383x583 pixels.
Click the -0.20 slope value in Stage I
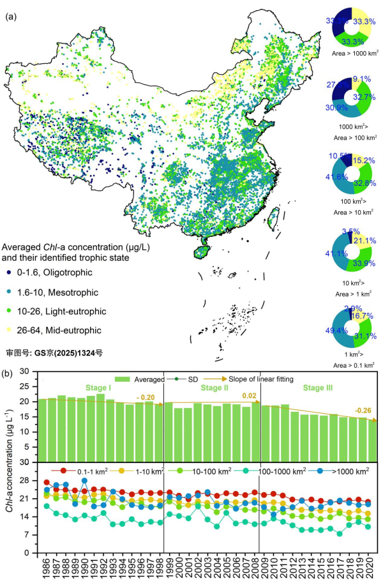pyautogui.click(x=147, y=397)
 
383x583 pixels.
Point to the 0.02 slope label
pyautogui.click(x=249, y=396)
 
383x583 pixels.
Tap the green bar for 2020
pyautogui.click(x=372, y=440)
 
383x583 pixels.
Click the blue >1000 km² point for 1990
pyautogui.click(x=84, y=481)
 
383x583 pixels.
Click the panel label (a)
pyautogui.click(x=11, y=17)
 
